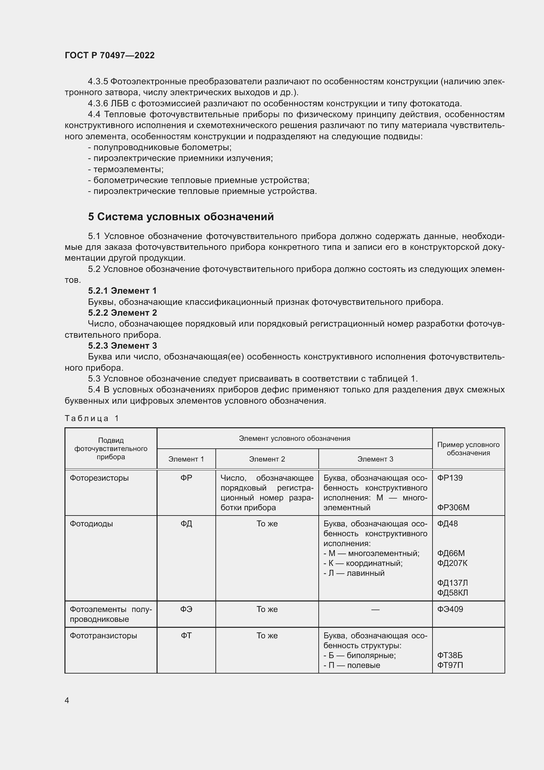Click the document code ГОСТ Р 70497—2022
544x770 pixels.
point(110,55)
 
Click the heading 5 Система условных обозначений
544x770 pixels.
point(181,217)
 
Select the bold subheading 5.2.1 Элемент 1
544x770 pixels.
point(122,291)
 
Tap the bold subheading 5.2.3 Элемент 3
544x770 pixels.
point(122,346)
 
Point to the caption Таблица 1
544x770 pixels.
point(92,418)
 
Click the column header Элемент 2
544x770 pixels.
point(267,459)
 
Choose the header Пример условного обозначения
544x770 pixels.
point(468,449)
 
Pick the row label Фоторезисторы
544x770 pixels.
point(99,478)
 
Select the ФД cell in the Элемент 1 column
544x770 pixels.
point(186,524)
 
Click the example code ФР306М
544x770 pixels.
point(453,508)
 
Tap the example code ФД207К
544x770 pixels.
point(452,563)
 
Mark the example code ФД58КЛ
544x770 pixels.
point(452,593)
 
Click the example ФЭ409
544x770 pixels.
point(450,609)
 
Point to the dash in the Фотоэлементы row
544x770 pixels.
point(375,609)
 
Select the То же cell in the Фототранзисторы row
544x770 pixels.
point(267,635)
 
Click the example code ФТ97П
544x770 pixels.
point(450,665)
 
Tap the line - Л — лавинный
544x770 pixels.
point(354,573)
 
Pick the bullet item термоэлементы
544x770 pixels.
point(126,169)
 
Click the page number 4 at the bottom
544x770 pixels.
point(67,700)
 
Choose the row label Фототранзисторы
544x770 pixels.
point(103,635)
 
